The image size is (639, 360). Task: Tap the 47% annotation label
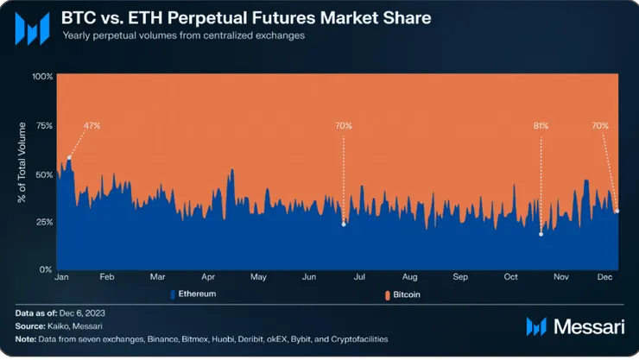pos(92,126)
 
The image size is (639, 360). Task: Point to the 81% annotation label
pos(541,126)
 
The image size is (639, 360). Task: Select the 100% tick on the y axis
pos(43,77)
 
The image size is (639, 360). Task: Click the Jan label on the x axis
pos(61,277)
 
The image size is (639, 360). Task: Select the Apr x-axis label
pos(208,277)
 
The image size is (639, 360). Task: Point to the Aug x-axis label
pos(410,277)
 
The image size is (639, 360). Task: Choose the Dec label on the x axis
pos(604,277)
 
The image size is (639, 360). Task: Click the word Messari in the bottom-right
pos(590,326)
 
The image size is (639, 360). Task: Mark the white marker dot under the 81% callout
pos(541,234)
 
